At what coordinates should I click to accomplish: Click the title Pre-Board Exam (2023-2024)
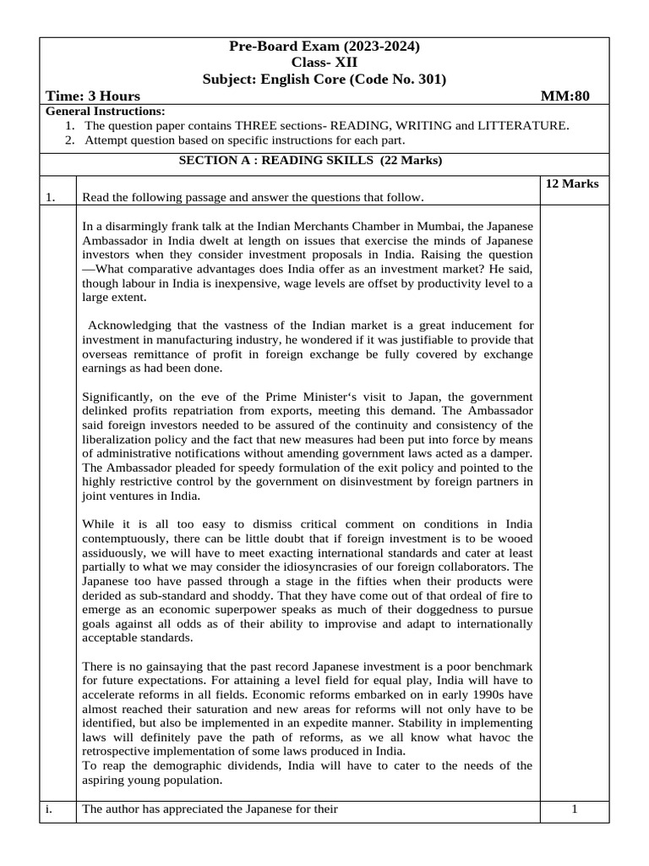click(x=324, y=47)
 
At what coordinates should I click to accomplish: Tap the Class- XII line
click(x=324, y=63)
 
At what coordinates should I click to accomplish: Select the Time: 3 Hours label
click(x=93, y=96)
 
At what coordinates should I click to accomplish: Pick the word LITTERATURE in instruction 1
click(x=526, y=126)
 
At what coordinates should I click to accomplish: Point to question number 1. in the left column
click(x=51, y=198)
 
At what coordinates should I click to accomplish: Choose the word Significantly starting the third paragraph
click(x=119, y=397)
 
